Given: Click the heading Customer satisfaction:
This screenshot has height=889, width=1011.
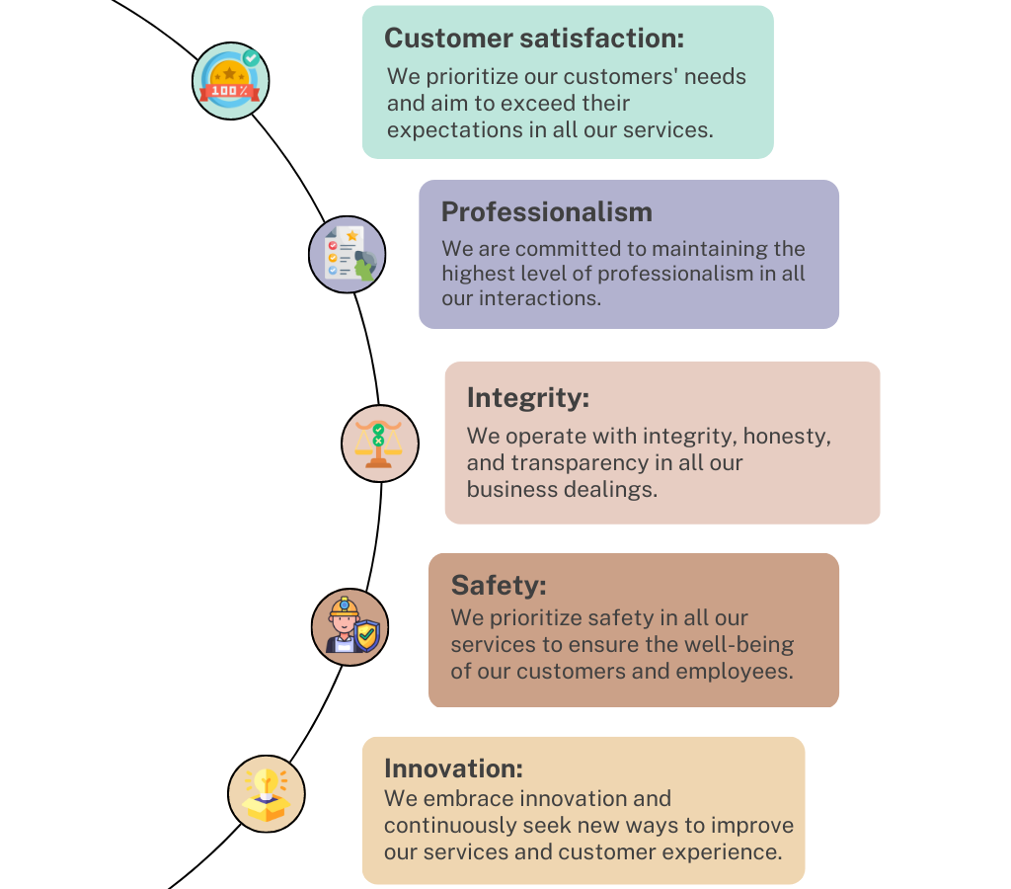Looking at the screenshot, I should [x=533, y=39].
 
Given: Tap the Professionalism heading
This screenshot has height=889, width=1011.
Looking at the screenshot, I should [x=546, y=212].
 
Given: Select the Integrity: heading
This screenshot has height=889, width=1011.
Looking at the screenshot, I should [x=527, y=398].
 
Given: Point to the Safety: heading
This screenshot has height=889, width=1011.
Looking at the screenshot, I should [x=498, y=586].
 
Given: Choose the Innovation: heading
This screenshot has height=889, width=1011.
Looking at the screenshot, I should [x=452, y=768].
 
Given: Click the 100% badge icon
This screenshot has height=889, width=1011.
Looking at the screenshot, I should [x=230, y=81].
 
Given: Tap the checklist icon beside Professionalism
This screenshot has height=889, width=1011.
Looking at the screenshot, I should [x=347, y=255].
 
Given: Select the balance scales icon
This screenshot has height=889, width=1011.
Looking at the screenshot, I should [x=379, y=444].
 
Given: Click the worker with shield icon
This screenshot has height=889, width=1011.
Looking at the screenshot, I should [x=350, y=627].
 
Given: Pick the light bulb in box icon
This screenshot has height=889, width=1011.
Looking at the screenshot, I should [x=266, y=794].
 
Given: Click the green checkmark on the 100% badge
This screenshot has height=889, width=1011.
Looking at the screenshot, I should [x=251, y=58].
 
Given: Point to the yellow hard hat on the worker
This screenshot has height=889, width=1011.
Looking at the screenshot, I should [x=344, y=605].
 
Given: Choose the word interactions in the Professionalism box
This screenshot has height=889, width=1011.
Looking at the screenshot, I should [x=539, y=298].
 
